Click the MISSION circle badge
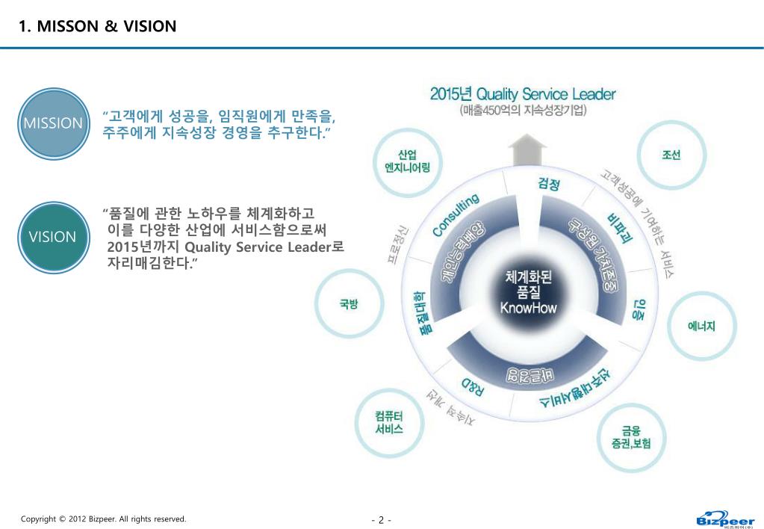tap(53, 123)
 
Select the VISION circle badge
tap(53, 237)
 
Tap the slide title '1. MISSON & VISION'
tap(98, 27)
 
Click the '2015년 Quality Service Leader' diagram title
tap(523, 95)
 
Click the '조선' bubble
tap(670, 155)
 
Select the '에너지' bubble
tap(701, 326)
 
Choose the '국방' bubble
tap(348, 304)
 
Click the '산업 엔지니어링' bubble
tap(407, 161)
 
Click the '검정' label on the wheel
tap(549, 183)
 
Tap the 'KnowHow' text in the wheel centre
tap(528, 308)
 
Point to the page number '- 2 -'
tap(381, 520)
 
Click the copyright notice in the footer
tap(103, 519)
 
